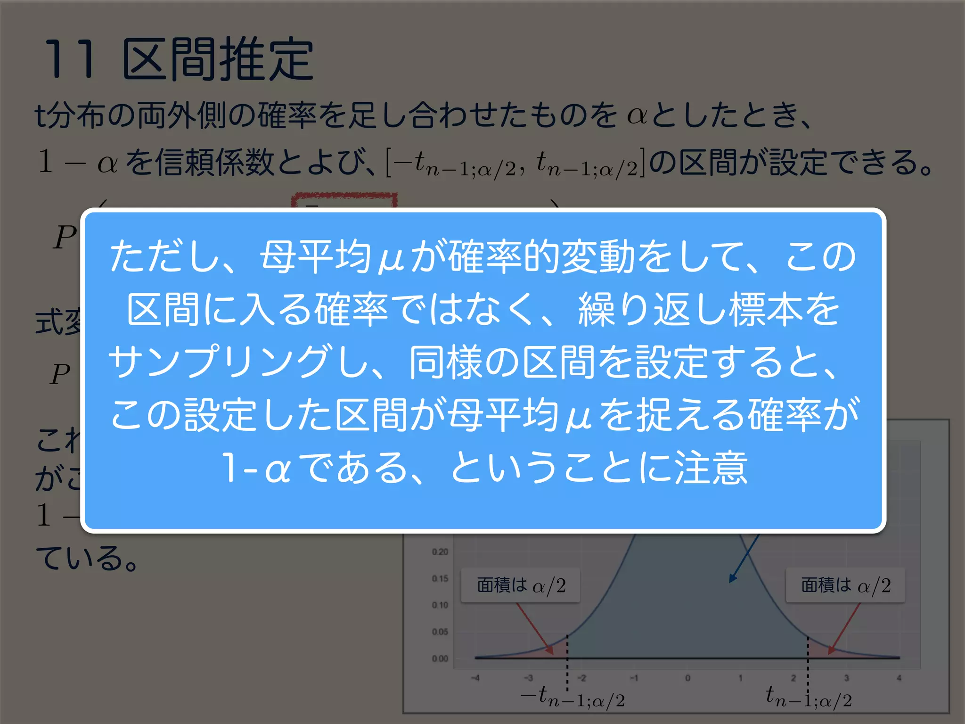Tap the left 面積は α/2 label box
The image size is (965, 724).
520,585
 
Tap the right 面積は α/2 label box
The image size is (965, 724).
845,585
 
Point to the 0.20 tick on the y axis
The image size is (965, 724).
440,551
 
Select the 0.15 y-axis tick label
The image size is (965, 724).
440,578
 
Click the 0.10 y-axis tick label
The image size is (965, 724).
440,605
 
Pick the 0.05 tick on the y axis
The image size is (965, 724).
440,632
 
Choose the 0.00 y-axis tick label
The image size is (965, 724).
440,658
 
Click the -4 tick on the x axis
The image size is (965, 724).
475,678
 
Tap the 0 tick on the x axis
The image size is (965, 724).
687,678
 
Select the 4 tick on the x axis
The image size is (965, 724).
899,678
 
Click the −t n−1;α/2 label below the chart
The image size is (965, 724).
572,697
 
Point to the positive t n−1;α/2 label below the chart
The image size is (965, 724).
809,697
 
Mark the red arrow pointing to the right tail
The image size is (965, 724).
844,628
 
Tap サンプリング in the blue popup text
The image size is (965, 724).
219,362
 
